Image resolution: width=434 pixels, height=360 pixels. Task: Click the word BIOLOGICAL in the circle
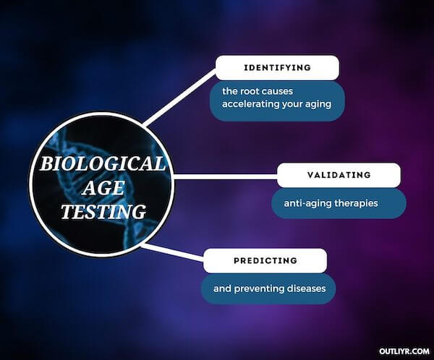(102, 163)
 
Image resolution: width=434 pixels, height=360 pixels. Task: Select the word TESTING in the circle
(103, 212)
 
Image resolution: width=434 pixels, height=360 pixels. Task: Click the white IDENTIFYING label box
(277, 67)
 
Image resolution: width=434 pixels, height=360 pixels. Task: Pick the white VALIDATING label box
(339, 175)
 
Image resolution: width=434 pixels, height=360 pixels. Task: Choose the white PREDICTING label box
(265, 260)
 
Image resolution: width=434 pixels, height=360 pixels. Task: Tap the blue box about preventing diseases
(269, 288)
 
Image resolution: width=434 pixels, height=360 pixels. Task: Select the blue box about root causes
(277, 98)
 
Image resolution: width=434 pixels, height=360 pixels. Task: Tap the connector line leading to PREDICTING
(173, 253)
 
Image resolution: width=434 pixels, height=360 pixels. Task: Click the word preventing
(256, 288)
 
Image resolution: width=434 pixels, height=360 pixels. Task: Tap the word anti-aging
(300, 203)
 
